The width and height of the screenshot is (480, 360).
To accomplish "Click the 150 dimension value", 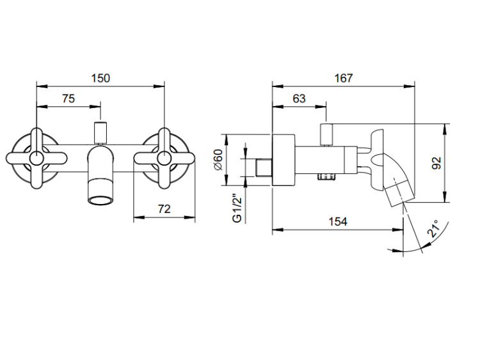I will (x=100, y=78).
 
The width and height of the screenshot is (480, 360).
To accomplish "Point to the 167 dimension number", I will (x=343, y=78).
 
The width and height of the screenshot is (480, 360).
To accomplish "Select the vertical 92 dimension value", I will (x=437, y=162).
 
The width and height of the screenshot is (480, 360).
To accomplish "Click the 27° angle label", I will (x=434, y=231).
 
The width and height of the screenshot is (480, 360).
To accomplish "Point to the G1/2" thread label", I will (x=236, y=208).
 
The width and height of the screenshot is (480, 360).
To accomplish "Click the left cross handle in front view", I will (x=36, y=157).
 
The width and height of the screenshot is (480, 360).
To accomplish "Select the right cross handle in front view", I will (x=165, y=157).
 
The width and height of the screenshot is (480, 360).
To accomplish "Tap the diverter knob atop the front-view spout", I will (x=100, y=132).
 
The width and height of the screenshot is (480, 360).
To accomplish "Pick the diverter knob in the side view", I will (x=327, y=134).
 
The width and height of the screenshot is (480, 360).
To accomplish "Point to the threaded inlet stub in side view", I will (x=263, y=168).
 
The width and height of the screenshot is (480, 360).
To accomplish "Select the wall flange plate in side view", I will (x=284, y=160).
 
